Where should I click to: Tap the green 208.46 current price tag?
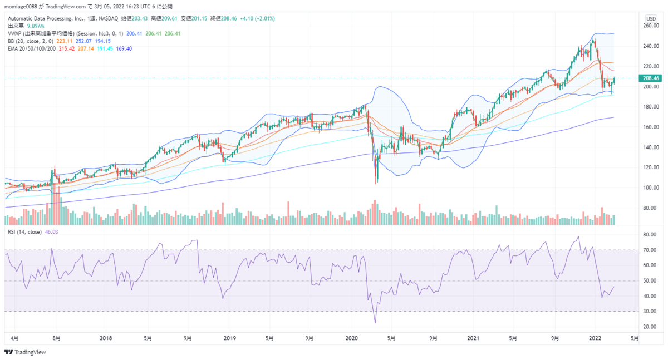click(650, 78)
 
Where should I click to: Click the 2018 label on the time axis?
click(106, 338)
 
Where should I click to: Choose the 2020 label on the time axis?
click(351, 338)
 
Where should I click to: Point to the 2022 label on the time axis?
click(596, 338)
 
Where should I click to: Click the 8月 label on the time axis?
click(56, 338)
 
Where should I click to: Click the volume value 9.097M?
click(35, 26)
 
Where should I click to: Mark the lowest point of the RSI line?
click(375, 323)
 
